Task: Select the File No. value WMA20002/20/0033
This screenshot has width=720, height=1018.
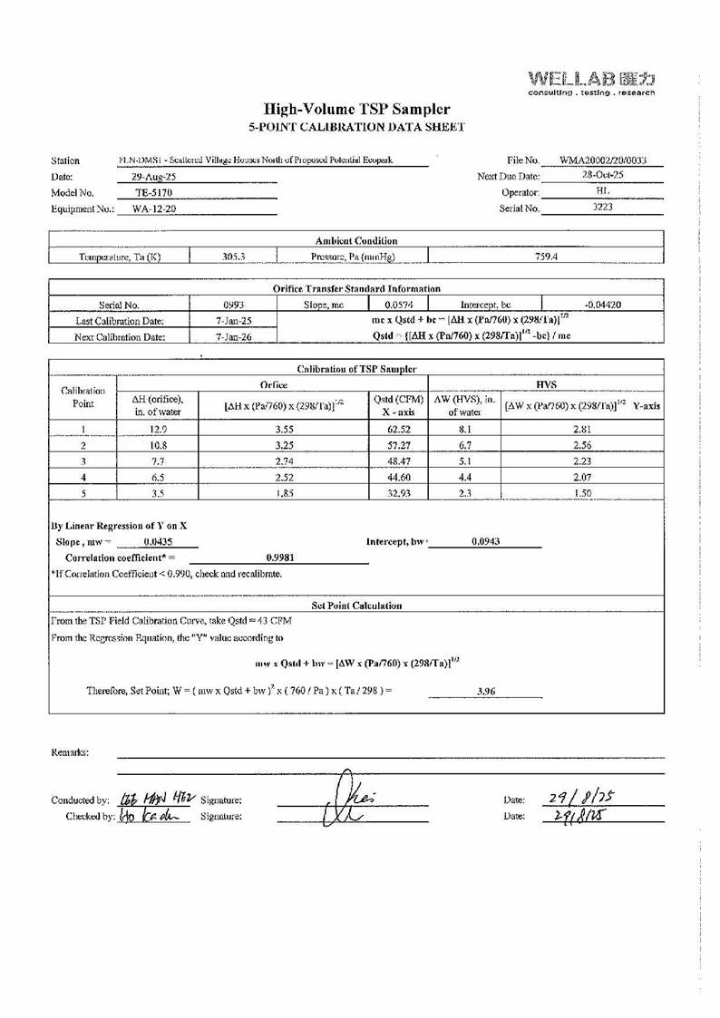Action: point(602,160)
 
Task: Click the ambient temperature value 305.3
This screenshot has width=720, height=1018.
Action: point(234,256)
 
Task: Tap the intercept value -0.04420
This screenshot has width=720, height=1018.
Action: point(602,305)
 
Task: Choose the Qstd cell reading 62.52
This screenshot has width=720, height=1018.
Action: point(398,430)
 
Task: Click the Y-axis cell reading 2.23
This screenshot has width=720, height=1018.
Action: point(582,461)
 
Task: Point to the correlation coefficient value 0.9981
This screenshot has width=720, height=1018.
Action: point(277,557)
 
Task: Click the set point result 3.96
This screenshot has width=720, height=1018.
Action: point(484,691)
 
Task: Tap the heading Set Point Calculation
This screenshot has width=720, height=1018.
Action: point(356,605)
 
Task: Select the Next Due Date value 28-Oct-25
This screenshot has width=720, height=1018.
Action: point(601,176)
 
